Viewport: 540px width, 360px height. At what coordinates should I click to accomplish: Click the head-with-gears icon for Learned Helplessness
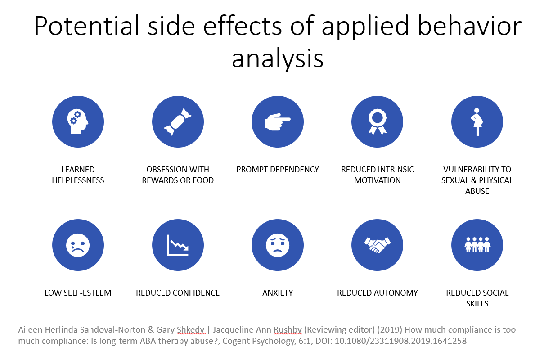click(x=78, y=121)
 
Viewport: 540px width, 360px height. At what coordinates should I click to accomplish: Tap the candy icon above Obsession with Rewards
click(x=178, y=121)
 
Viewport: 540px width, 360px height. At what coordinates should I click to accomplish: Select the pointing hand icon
click(x=278, y=121)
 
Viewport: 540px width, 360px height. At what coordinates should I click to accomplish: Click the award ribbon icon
click(x=377, y=121)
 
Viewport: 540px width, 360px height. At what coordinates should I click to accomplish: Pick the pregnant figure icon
click(x=477, y=121)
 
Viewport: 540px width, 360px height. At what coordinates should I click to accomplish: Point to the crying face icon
click(x=78, y=245)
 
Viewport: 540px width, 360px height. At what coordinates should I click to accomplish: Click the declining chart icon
click(x=178, y=245)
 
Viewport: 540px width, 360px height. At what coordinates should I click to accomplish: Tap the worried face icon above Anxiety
click(x=278, y=245)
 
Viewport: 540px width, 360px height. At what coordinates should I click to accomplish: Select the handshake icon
click(x=377, y=245)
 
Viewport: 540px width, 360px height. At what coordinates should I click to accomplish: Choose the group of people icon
click(x=477, y=245)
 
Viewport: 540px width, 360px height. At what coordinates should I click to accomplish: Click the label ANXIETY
click(x=278, y=293)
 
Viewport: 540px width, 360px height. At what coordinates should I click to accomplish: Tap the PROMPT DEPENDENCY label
click(x=278, y=170)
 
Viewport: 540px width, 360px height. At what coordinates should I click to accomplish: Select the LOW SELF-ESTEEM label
click(x=78, y=293)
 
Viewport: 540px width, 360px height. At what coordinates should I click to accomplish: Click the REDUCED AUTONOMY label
click(x=378, y=293)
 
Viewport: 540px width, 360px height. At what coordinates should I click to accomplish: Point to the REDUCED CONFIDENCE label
click(x=178, y=293)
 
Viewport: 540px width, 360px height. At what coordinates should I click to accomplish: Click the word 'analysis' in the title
click(x=278, y=59)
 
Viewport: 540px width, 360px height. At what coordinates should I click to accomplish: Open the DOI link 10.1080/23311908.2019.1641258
click(x=400, y=341)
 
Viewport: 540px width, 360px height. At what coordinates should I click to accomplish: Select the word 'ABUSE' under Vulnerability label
click(x=477, y=191)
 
